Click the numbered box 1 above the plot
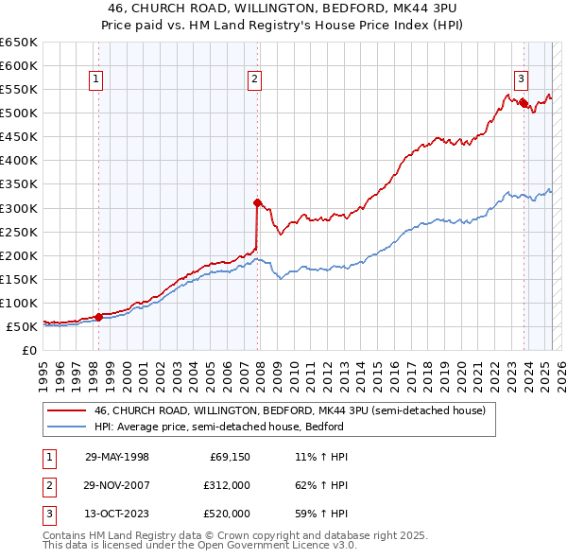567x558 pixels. click(x=98, y=79)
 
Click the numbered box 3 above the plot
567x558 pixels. click(x=521, y=79)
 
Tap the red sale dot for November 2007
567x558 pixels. click(x=257, y=201)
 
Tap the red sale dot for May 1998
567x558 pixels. click(x=98, y=317)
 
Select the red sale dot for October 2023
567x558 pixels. click(x=523, y=103)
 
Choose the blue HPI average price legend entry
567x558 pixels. click(x=236, y=427)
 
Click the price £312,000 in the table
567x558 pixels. click(x=227, y=485)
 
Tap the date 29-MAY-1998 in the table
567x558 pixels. click(x=117, y=457)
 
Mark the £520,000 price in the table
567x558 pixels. click(x=227, y=514)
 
